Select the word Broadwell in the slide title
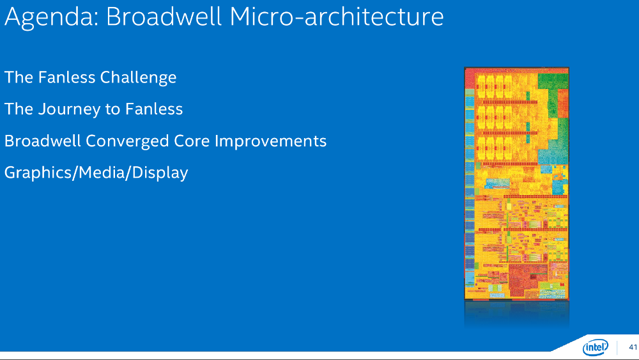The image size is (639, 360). point(164,17)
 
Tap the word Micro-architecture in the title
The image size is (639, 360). point(337,17)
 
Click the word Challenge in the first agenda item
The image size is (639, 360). point(138,78)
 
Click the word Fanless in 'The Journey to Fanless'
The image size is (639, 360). point(154,109)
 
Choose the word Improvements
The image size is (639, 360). point(270,142)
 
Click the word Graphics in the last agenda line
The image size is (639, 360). point(38,173)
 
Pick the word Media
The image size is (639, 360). point(102,173)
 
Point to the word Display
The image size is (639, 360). point(160,173)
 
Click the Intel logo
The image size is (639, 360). point(596,347)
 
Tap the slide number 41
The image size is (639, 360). point(633,347)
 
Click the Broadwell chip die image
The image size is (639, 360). point(516,184)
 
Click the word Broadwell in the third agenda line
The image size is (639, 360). point(42,141)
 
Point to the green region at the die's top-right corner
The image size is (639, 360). point(553,81)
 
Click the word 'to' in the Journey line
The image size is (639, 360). point(112,110)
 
